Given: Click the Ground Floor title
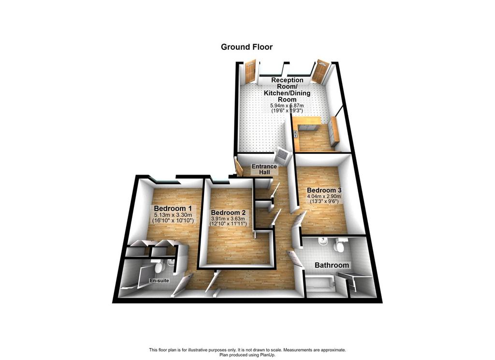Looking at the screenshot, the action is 247,47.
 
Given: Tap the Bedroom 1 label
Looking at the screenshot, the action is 173,209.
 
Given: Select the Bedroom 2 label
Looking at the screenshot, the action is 228,212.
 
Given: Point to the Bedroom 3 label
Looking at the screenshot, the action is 324,190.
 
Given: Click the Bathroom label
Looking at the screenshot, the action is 332,265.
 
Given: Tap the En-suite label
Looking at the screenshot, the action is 160,281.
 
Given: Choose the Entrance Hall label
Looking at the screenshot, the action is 264,169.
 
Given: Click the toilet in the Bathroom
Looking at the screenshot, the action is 340,245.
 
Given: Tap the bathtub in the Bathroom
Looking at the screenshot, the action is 320,284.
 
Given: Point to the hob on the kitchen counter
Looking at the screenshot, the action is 296,134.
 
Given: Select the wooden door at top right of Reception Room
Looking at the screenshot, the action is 321,71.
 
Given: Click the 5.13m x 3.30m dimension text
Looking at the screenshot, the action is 173,215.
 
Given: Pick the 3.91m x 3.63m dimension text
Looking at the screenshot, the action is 228,219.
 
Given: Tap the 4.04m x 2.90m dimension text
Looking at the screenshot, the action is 324,196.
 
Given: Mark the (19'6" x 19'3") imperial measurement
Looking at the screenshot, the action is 287,111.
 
